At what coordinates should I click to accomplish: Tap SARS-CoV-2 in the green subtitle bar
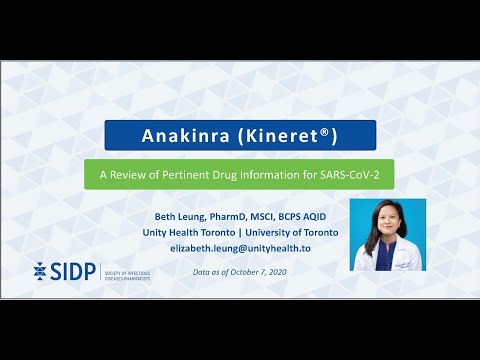pos(332,173)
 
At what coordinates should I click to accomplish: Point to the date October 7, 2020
pos(254,271)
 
